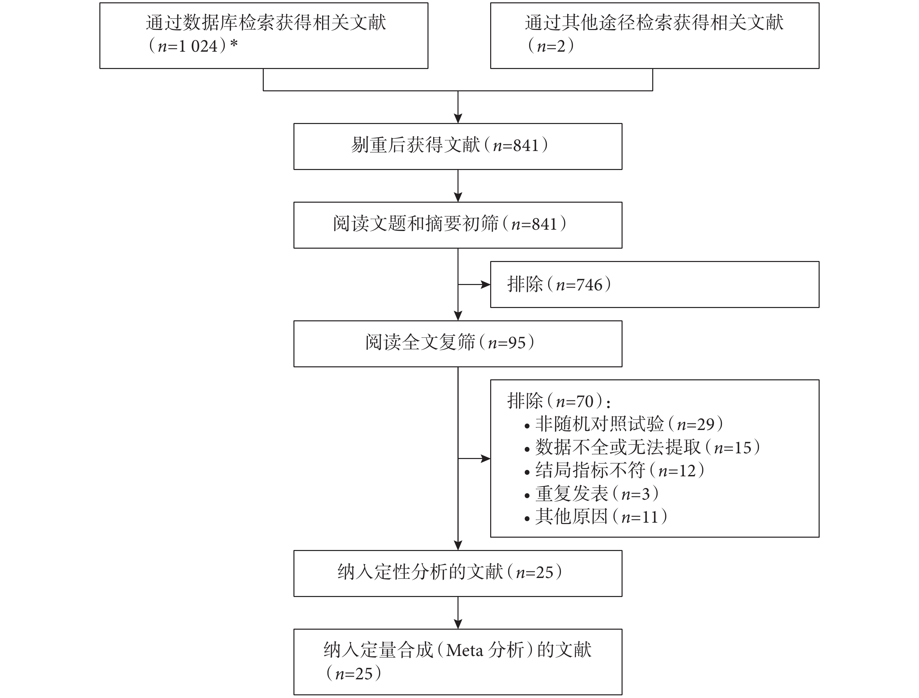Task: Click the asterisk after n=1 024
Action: pyautogui.click(x=234, y=43)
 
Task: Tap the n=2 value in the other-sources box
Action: pyautogui.click(x=551, y=46)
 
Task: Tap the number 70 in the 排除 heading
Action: pyautogui.click(x=585, y=402)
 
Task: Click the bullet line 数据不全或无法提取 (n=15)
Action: pyautogui.click(x=642, y=447)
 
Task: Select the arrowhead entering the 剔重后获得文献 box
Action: pyautogui.click(x=457, y=118)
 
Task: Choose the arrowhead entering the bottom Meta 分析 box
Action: pyautogui.click(x=457, y=624)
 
